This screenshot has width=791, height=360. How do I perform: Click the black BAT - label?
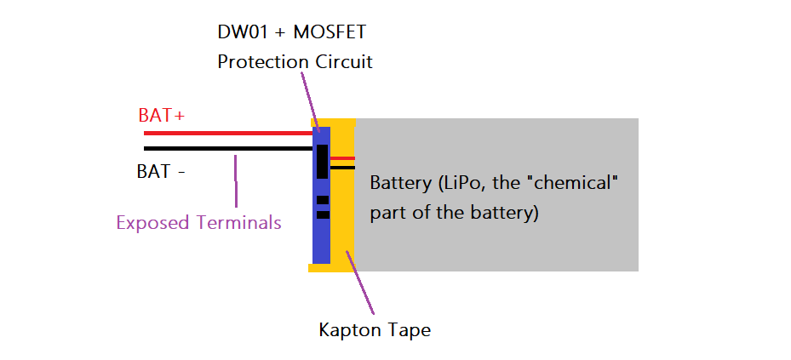point(161,171)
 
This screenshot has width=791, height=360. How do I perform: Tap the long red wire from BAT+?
point(226,134)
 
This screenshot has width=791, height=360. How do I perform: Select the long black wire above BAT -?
point(226,149)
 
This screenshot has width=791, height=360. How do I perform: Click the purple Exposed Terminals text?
point(198,223)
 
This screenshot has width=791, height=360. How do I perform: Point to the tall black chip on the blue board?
point(322,162)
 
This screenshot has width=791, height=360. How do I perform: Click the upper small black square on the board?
point(322,200)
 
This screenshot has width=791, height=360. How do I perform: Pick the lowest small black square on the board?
point(322,214)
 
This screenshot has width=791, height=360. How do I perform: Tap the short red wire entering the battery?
point(342,158)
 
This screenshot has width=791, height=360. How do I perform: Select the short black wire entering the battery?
point(342,168)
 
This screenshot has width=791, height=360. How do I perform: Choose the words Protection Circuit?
point(295,62)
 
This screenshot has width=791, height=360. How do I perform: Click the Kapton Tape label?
point(375,329)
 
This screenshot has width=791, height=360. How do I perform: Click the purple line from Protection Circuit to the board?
point(308,98)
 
